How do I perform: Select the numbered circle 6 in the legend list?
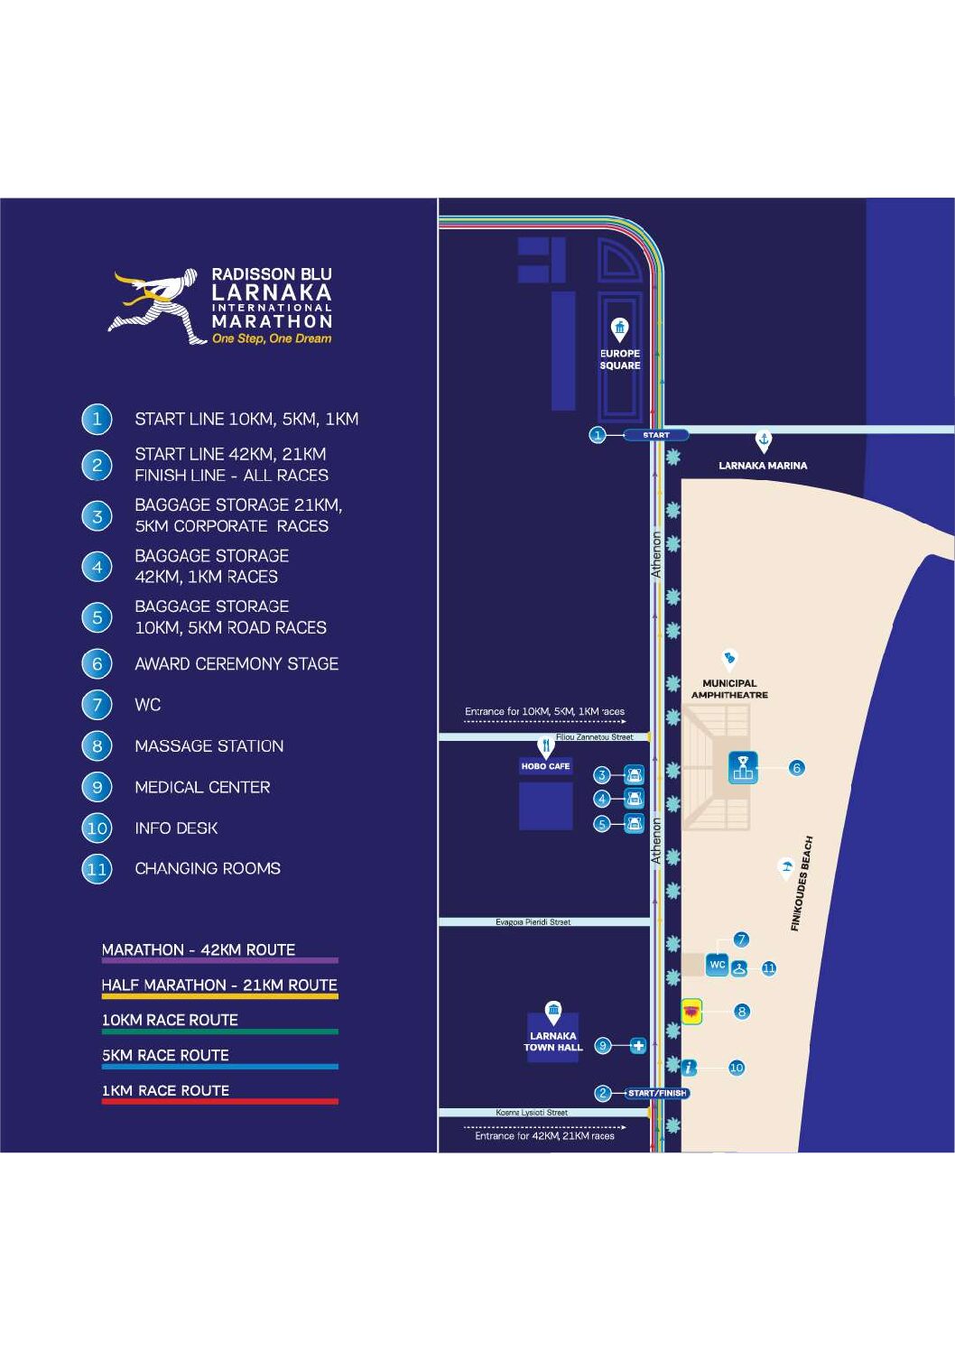[97, 664]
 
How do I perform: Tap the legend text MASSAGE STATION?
[209, 746]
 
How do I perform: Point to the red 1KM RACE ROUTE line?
[219, 1101]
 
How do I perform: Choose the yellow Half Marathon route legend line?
[219, 995]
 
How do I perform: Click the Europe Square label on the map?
[620, 359]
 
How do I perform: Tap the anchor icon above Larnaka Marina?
[764, 440]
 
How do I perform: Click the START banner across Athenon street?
[656, 435]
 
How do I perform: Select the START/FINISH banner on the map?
[657, 1093]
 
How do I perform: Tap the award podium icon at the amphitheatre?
[743, 768]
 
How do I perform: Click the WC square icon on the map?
[717, 965]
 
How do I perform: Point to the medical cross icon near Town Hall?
[638, 1046]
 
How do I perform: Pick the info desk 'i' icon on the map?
[690, 1068]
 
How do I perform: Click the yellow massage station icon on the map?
[692, 1012]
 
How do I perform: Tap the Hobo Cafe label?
[545, 766]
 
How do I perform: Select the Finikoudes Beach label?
[802, 884]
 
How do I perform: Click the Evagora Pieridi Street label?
[533, 922]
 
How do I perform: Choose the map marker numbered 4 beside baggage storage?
[602, 799]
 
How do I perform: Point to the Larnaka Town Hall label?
[553, 1041]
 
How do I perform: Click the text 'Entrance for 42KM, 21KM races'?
[544, 1136]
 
